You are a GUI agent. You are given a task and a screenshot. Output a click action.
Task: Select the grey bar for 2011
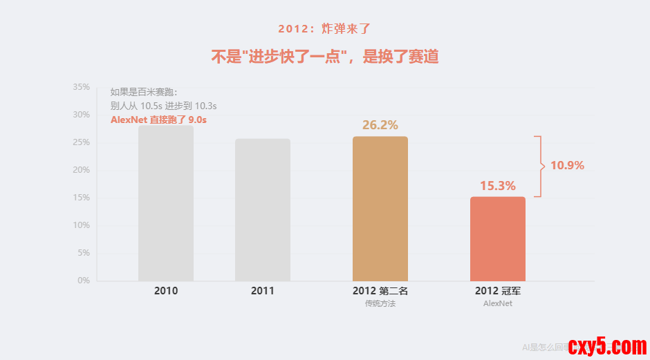click(263, 210)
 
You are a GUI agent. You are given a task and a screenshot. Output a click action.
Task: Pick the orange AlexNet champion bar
click(498, 238)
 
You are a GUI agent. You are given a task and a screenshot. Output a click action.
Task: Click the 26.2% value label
click(380, 125)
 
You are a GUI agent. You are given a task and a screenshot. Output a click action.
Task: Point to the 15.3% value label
click(498, 186)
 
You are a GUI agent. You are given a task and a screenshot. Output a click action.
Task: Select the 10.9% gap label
click(567, 166)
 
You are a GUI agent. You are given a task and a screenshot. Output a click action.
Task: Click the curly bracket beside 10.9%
click(539, 167)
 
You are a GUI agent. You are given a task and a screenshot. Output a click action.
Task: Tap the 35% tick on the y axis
click(82, 87)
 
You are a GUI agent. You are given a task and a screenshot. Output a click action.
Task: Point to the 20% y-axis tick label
click(82, 170)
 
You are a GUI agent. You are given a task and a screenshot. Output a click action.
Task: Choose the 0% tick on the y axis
click(84, 281)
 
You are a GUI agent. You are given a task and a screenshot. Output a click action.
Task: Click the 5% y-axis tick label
click(84, 253)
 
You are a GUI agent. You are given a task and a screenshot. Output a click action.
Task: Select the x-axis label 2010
click(166, 291)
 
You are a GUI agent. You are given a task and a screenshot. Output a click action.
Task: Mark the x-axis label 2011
click(263, 291)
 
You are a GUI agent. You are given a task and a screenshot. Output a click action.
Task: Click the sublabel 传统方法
click(380, 303)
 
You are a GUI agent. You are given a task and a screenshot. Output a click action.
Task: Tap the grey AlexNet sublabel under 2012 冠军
click(498, 303)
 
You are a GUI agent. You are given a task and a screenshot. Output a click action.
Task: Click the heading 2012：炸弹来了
click(325, 29)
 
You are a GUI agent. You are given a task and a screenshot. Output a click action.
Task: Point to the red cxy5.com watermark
click(606, 346)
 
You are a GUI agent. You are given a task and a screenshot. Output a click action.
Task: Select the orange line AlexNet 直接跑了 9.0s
click(159, 120)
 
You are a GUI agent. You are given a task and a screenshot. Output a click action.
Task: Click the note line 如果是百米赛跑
click(144, 92)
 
